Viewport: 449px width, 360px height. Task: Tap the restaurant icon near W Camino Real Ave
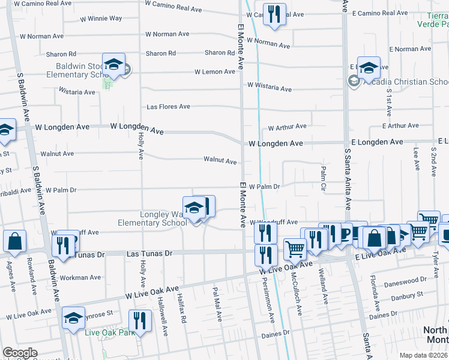pos(274,14)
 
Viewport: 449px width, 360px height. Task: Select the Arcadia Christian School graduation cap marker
pos(369,68)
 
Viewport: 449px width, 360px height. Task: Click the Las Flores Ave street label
pos(169,107)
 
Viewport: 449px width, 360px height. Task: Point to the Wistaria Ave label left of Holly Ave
pos(77,92)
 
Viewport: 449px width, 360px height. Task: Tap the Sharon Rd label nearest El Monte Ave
pos(219,53)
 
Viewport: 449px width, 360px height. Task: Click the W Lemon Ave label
pos(215,72)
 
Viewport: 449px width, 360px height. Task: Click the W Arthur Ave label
pos(287,127)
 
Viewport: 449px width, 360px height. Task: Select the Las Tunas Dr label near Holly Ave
pos(149,254)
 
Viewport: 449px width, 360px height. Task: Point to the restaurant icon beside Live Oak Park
pos(140,320)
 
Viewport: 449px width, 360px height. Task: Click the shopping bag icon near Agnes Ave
pos(14,241)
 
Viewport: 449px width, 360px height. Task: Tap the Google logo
pos(20,353)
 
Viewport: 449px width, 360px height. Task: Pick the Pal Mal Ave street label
pos(217,306)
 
